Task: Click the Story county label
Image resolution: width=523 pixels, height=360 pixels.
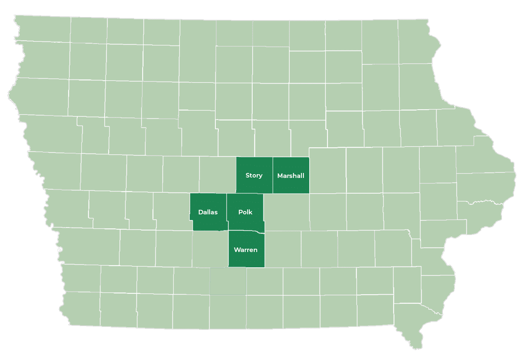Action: [x=254, y=175]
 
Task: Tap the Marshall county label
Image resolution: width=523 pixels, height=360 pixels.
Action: [x=291, y=175]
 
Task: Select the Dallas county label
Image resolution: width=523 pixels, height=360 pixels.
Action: [x=208, y=212]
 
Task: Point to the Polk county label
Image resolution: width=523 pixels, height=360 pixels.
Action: [x=245, y=212]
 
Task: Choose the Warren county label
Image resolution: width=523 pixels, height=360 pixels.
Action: [x=246, y=250]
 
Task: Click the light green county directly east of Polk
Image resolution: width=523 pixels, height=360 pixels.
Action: [x=287, y=212]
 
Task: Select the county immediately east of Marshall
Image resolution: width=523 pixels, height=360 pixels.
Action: [x=327, y=170]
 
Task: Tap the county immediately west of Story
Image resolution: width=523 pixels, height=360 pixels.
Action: [x=217, y=174]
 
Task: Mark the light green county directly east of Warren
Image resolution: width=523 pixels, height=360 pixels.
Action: [x=283, y=249]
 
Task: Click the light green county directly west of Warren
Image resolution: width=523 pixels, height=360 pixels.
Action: [x=210, y=249]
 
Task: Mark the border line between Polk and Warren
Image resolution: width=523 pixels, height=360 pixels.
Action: [x=246, y=230]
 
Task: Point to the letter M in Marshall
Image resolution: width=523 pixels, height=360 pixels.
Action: [x=280, y=175]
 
